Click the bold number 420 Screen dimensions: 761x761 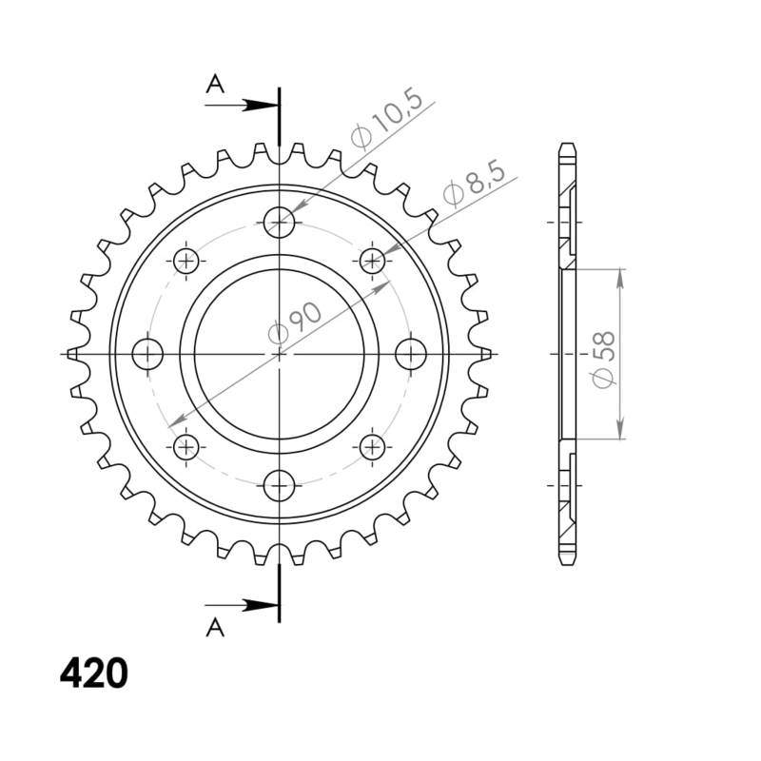93,673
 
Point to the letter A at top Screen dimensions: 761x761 216,85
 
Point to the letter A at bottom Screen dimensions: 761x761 216,625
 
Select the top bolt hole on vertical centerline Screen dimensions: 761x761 280,224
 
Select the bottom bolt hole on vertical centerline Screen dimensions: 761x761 280,484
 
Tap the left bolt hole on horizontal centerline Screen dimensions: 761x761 148,354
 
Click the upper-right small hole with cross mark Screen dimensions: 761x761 372,261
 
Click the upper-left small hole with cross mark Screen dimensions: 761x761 186,261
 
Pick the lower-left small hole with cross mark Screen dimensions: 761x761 186,446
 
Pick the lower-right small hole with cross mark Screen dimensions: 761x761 372,446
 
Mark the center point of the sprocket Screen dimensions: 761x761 280,354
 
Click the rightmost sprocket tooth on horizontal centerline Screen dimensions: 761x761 486,354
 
